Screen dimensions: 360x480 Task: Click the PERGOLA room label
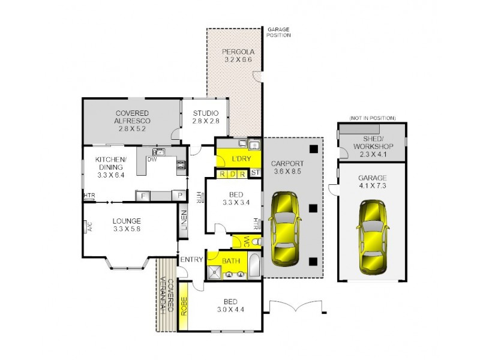pos(234,52)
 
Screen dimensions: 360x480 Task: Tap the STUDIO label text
pos(205,113)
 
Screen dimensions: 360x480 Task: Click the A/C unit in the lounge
pos(87,226)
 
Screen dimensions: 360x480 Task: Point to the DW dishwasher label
pos(152,160)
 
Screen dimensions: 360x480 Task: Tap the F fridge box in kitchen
pos(143,196)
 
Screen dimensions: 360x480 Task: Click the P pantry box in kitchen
pos(178,196)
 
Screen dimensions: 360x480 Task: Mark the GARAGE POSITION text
pos(279,32)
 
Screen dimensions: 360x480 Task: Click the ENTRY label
pos(191,260)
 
